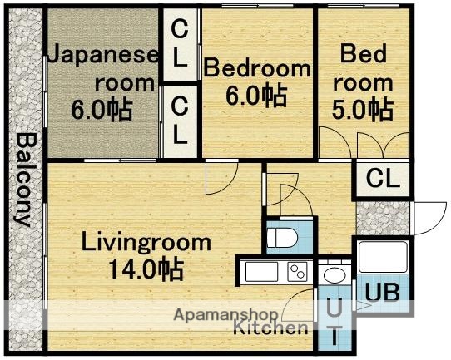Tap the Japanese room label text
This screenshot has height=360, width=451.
click(x=102, y=70)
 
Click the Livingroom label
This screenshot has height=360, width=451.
click(x=146, y=244)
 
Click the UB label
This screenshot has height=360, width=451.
click(x=384, y=293)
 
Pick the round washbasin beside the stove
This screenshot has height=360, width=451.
click(x=335, y=274)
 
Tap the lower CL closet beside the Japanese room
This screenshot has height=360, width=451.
click(x=180, y=118)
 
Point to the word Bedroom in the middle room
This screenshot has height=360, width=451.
click(x=257, y=69)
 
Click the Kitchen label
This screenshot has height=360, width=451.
click(x=270, y=328)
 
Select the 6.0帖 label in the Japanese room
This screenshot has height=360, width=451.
click(x=102, y=109)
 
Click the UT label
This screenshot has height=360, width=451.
click(x=333, y=323)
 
